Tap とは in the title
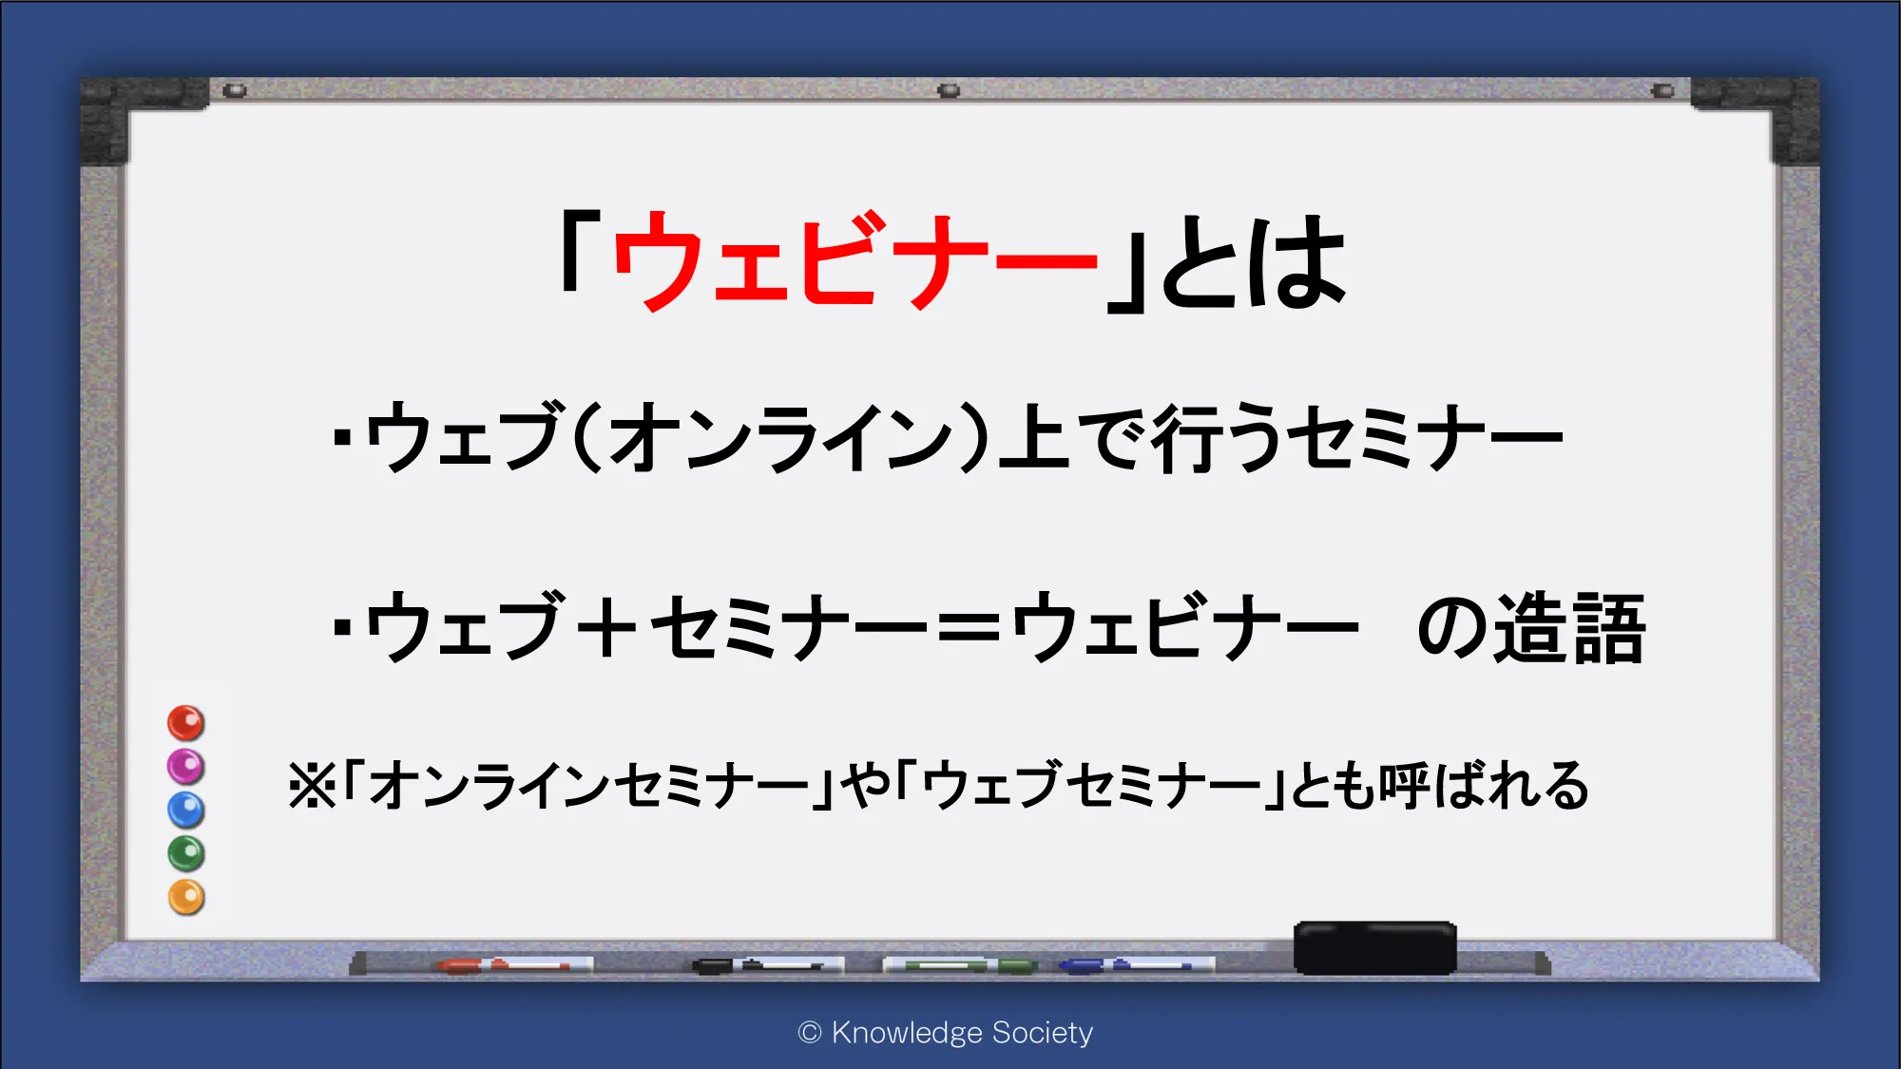[1254, 260]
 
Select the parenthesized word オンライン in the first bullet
[780, 436]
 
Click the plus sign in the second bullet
[605, 626]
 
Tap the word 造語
[1569, 627]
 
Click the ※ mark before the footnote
[313, 786]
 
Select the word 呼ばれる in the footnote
[1484, 786]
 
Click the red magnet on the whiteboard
[186, 723]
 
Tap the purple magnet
[186, 766]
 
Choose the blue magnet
[186, 810]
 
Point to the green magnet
[186, 853]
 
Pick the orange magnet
[186, 897]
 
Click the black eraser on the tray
[1375, 947]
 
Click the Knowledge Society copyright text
[946, 1032]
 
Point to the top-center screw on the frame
[949, 90]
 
